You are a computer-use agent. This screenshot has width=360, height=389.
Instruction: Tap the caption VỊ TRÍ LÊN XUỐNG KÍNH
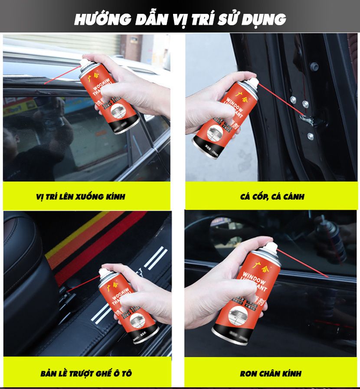(x=80, y=196)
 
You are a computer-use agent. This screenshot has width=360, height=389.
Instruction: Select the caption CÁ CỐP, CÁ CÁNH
(x=272, y=196)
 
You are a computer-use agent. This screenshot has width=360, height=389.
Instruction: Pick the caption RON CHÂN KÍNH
(x=271, y=373)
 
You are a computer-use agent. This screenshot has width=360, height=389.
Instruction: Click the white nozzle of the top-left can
(x=85, y=64)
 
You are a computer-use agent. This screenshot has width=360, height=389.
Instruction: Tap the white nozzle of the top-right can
(x=252, y=81)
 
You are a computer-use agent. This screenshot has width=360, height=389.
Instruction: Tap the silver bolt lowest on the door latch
(x=311, y=136)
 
